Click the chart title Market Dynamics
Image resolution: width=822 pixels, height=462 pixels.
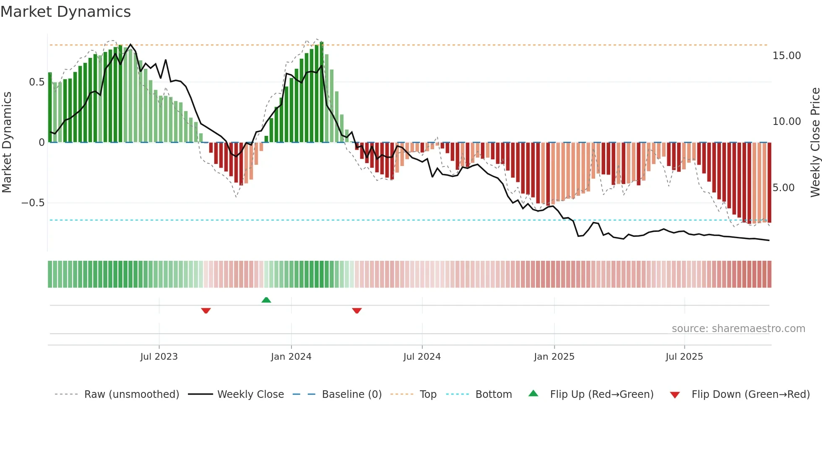65,12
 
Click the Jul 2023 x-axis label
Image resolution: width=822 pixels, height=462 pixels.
159,357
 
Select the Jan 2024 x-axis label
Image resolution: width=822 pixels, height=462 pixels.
291,357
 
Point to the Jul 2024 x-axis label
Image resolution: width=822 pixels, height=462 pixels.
422,357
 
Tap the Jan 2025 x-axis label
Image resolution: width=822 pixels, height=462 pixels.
554,357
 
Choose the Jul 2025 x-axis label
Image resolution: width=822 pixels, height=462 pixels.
684,357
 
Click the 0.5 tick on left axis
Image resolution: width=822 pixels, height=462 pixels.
36,82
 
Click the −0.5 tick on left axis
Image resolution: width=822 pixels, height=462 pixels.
33,203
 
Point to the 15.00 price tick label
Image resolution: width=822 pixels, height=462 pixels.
786,56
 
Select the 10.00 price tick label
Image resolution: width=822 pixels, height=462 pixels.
786,122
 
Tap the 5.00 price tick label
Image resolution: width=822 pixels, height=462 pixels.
783,188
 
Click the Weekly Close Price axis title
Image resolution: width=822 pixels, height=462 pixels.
815,143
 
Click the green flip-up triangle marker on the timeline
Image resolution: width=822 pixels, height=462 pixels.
266,300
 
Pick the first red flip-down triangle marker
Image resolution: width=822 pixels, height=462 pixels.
206,311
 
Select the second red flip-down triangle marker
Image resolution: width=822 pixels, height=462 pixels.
357,311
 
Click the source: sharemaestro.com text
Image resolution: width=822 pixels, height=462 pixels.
738,329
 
